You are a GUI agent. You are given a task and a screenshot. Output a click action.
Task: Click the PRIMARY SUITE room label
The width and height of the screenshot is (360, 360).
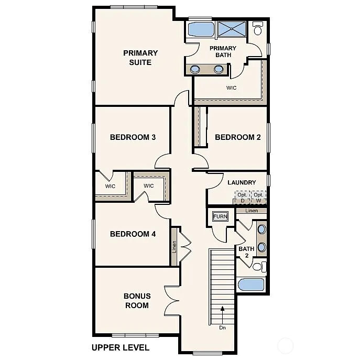[x=140, y=58]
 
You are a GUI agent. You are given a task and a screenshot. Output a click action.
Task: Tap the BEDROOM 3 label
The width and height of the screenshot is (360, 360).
[x=133, y=137]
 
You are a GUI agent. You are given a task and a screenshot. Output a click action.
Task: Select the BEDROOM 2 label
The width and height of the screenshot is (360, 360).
[x=238, y=137]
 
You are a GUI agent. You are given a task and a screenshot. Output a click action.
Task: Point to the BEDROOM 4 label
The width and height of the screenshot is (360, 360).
[x=133, y=234]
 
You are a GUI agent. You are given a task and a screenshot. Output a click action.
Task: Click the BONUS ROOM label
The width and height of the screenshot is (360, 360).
[x=137, y=301]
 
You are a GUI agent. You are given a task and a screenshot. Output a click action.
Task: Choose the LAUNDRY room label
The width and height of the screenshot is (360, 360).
[x=242, y=182]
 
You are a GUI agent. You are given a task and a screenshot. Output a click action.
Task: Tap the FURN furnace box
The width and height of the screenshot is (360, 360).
[x=220, y=216]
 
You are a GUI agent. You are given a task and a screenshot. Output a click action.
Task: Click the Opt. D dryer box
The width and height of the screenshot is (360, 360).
[x=242, y=198]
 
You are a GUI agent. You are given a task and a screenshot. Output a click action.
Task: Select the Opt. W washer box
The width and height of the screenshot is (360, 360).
[x=258, y=198]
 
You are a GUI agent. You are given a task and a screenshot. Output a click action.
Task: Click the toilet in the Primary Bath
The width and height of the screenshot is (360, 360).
[x=257, y=29]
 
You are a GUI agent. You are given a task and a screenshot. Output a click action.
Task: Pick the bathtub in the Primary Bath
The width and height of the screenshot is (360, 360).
[x=200, y=29]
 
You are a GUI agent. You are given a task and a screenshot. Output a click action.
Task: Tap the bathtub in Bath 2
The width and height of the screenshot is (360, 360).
[x=251, y=285]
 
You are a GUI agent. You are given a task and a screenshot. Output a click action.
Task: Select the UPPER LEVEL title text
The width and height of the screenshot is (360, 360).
[x=120, y=347]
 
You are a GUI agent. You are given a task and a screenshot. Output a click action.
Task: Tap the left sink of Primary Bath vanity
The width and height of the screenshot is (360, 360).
[x=195, y=69]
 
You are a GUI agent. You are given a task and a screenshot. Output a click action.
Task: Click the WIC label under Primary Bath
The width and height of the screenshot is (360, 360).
[x=231, y=88]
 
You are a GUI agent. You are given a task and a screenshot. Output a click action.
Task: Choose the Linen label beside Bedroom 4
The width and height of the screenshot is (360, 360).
[x=174, y=246]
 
